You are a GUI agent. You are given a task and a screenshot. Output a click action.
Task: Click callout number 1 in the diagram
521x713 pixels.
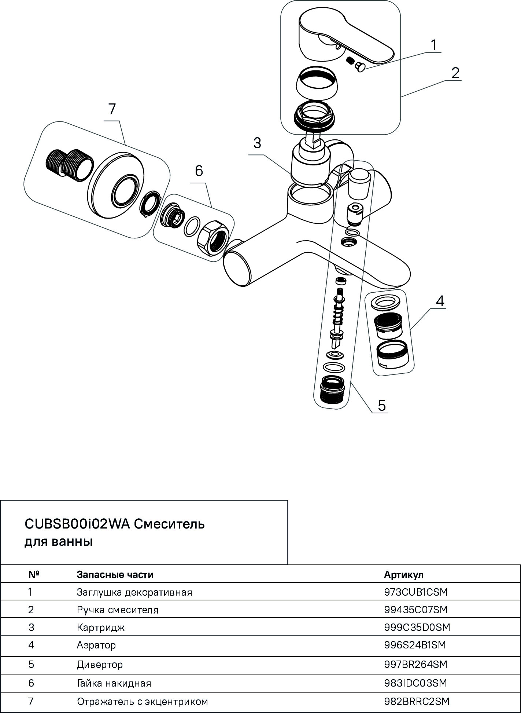tap(433, 45)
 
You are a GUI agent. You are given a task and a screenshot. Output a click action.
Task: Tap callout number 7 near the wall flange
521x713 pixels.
tap(112, 109)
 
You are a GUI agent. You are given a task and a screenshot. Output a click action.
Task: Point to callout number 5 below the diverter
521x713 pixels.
tap(382, 406)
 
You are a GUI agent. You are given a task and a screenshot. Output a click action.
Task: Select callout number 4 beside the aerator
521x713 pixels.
tap(440, 301)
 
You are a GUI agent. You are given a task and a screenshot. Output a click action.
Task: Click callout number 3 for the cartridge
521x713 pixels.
tap(257, 143)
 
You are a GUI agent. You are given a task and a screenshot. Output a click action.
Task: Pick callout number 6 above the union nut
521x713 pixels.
tap(199, 171)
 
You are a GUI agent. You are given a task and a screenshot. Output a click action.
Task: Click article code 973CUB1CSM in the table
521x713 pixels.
tap(416, 592)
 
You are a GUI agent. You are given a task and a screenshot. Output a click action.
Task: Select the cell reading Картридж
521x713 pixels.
tap(101, 627)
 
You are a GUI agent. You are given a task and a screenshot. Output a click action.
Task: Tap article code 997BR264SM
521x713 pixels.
tap(416, 665)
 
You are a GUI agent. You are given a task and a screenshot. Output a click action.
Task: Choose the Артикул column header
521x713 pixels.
tap(403, 574)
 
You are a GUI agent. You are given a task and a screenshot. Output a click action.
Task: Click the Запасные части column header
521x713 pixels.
tap(115, 574)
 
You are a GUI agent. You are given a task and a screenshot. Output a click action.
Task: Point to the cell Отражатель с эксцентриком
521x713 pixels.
tap(142, 702)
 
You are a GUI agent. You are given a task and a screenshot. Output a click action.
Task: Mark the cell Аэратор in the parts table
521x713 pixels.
tap(96, 645)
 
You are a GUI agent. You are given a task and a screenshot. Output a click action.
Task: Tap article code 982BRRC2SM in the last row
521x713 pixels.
tap(417, 702)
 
